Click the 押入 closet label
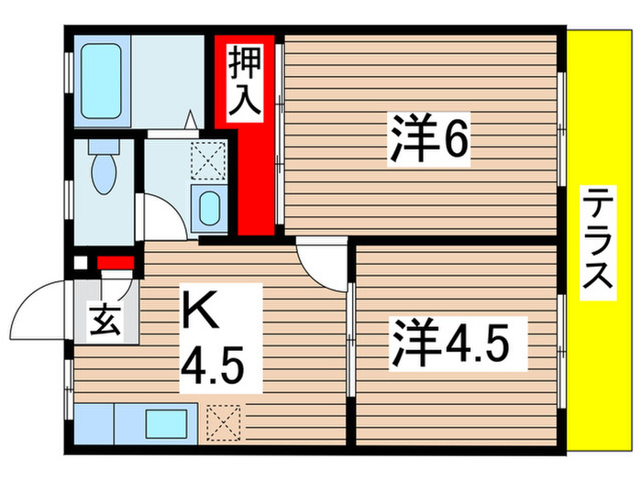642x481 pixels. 244,82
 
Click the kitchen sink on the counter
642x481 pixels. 166,423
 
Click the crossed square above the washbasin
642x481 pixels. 207,162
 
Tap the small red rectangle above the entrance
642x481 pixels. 116,265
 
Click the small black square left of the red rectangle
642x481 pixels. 80,264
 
